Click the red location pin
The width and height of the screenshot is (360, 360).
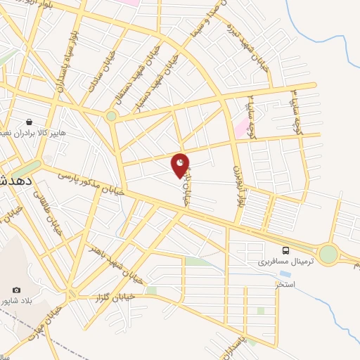click(181, 164)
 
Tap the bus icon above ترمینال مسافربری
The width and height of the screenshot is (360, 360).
click(285, 250)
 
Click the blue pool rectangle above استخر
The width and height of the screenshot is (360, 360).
click(285, 273)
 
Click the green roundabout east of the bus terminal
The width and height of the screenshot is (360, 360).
click(328, 254)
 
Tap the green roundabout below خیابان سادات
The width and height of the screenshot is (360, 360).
click(111, 116)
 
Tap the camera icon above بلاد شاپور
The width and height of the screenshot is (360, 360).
click(16, 290)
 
